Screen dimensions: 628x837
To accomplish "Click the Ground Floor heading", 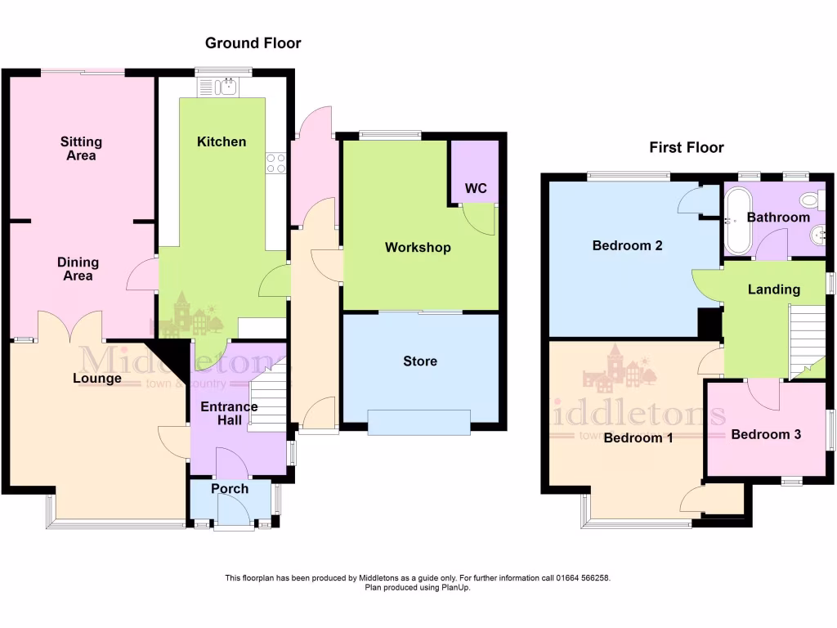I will pyautogui.click(x=253, y=43).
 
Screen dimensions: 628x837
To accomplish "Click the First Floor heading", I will pyautogui.click(x=687, y=148).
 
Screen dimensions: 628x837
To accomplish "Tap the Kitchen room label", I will pyautogui.click(x=222, y=142).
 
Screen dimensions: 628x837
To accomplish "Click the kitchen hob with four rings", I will pyautogui.click(x=275, y=164).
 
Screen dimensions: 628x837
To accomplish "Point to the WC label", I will pyautogui.click(x=476, y=189).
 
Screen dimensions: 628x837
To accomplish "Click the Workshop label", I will pyautogui.click(x=418, y=248).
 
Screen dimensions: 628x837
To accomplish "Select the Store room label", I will pyautogui.click(x=420, y=361).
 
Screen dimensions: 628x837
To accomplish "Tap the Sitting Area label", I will pyautogui.click(x=81, y=149).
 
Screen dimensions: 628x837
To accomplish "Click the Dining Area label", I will pyautogui.click(x=78, y=269).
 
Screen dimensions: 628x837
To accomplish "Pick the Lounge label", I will pyautogui.click(x=97, y=379).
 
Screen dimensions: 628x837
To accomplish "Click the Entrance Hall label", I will pyautogui.click(x=230, y=414).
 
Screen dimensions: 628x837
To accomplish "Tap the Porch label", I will pyautogui.click(x=230, y=489).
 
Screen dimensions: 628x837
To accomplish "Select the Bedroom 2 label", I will pyautogui.click(x=627, y=245).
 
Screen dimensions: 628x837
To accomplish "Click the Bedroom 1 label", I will pyautogui.click(x=638, y=438).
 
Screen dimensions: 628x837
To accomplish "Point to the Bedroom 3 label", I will pyautogui.click(x=766, y=435).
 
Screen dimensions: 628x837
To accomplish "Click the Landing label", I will pyautogui.click(x=774, y=289).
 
